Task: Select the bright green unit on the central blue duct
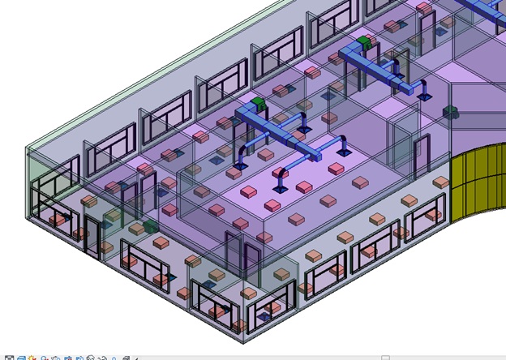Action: click(x=258, y=103)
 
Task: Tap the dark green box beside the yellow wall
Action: click(x=452, y=111)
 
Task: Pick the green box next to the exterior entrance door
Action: click(x=150, y=225)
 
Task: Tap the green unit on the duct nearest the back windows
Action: click(x=364, y=40)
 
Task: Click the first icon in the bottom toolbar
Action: click(x=9, y=357)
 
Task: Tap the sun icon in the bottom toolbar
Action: click(x=32, y=357)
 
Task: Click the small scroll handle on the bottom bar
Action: click(x=386, y=357)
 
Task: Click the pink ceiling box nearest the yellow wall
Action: click(x=440, y=183)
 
